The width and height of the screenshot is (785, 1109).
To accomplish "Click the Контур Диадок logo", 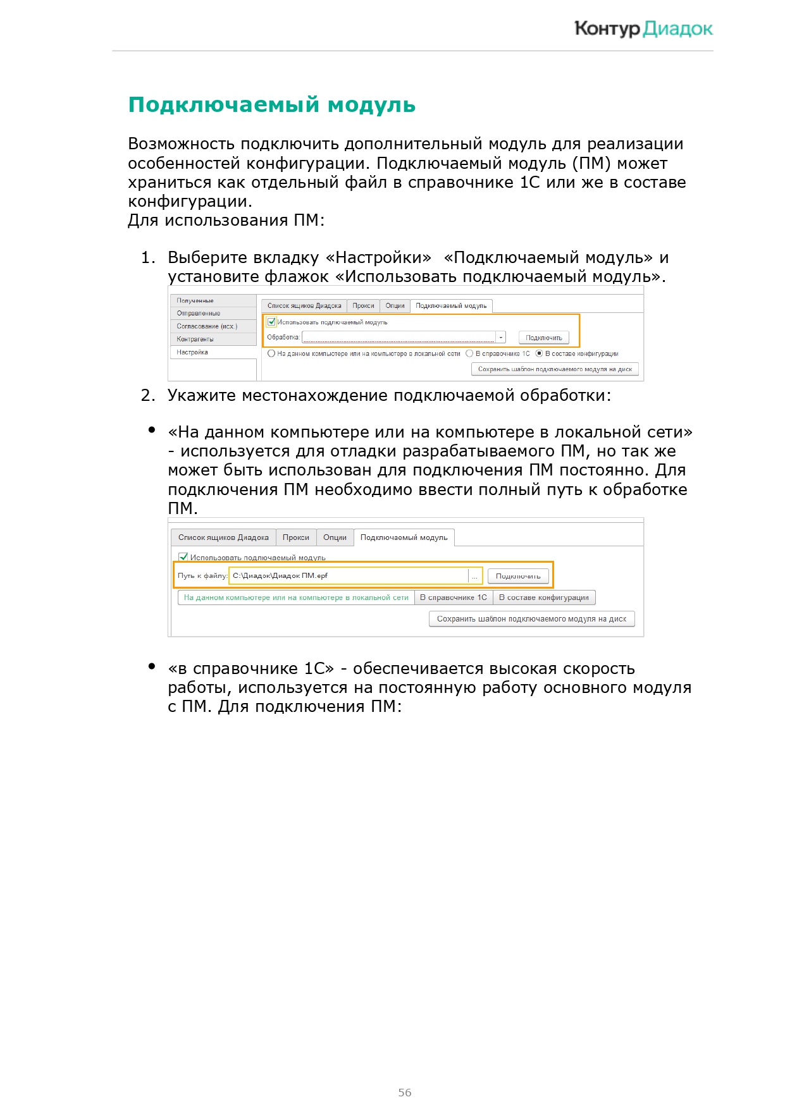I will pos(643,29).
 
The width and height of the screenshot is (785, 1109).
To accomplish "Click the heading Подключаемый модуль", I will pos(271,105).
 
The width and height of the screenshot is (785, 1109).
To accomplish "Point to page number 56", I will pos(405,1092).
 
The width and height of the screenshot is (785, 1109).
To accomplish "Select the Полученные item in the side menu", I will pos(195,301).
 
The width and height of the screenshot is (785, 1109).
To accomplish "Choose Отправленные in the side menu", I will pos(199,314).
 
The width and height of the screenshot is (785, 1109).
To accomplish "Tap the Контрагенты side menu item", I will pos(195,340).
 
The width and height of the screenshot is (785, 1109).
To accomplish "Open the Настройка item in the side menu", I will pos(192,352).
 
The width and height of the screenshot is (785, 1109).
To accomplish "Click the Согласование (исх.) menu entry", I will pos(207,326).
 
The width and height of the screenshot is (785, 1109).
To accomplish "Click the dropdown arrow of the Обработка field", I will pos(501,338).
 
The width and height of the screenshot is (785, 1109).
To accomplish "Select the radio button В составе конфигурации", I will pos(540,353).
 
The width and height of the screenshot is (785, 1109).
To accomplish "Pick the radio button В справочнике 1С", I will pos(469,353).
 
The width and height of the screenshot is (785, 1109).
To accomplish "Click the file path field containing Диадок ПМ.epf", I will pos(349,576).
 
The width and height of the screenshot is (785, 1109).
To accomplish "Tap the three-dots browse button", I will pos(475,576).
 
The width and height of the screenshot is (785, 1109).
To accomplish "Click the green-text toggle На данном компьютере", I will pos(296,597).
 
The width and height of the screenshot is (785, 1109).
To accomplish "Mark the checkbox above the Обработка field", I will pos(272,322).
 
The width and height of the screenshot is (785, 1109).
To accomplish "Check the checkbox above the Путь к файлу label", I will pos(183,557).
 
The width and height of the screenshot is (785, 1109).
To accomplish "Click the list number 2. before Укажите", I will pos(148,396).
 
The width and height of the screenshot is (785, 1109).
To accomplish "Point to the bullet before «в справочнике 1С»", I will pos(152,666).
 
